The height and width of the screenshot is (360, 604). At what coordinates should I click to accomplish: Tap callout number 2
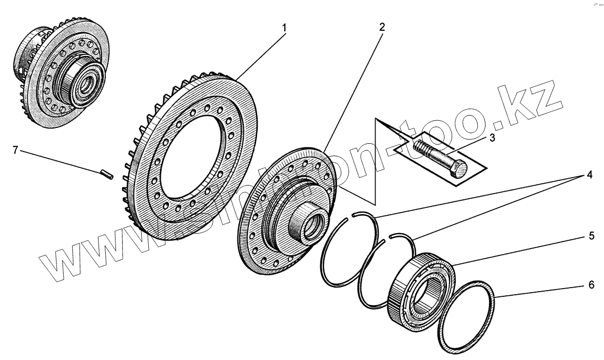(x=381, y=26)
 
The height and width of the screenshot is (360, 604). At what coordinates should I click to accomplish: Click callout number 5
(x=591, y=236)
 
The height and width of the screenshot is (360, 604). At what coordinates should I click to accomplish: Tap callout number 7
(x=15, y=150)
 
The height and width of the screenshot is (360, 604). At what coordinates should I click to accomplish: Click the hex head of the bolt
(x=459, y=169)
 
